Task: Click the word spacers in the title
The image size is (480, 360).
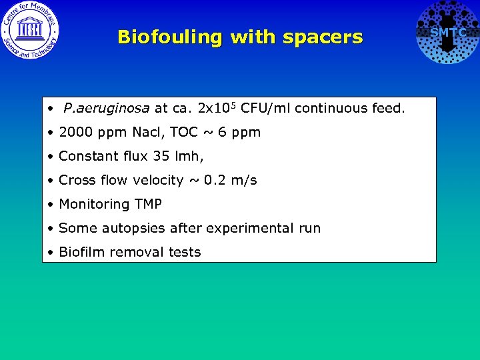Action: (323, 37)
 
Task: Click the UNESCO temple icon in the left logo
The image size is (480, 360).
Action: (29, 29)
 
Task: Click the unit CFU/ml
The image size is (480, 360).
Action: (265, 108)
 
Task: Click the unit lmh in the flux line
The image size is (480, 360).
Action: (189, 156)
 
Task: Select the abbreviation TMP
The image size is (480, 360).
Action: (147, 204)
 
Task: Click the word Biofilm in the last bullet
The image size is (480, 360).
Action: (79, 252)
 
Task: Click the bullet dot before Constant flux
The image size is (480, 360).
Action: (51, 157)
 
